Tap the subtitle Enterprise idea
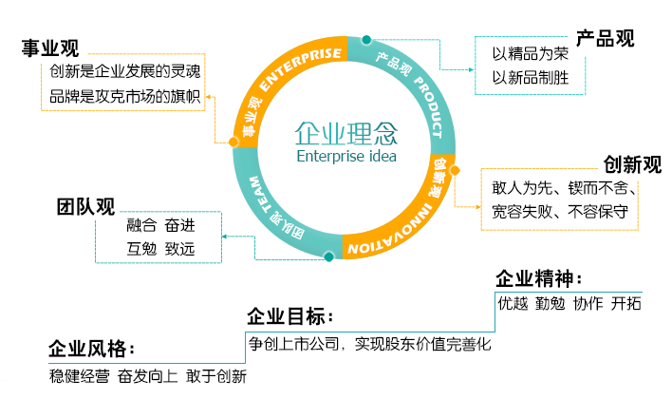coord(346,156)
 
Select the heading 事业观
coord(50,48)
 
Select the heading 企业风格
coord(91,347)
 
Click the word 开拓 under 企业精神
coord(626,304)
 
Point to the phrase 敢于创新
coord(216,376)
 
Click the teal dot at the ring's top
coord(366,40)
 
